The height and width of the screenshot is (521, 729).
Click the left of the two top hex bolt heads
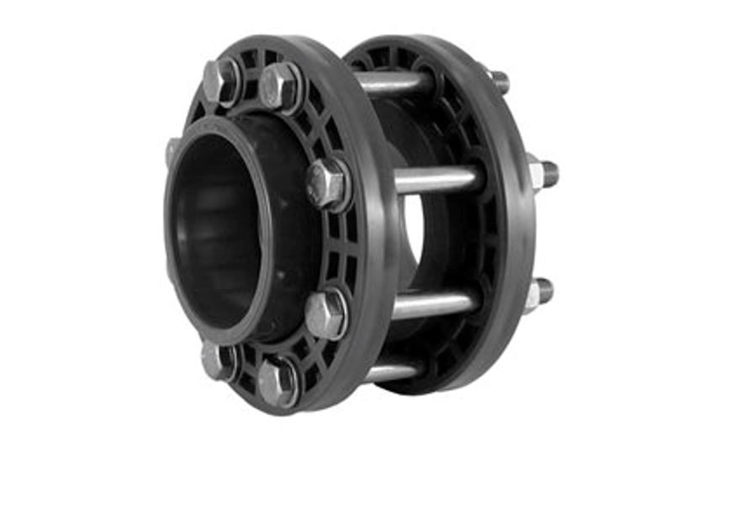pyautogui.click(x=220, y=81)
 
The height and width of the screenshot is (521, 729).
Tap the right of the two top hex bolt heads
pyautogui.click(x=279, y=87)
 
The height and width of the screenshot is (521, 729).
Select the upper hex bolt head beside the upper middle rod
pyautogui.click(x=326, y=184)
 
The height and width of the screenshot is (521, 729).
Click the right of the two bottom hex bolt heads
pyautogui.click(x=277, y=382)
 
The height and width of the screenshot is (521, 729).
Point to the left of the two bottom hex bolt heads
pyautogui.click(x=216, y=360)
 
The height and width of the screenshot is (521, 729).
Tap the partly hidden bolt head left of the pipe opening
pyautogui.click(x=172, y=151)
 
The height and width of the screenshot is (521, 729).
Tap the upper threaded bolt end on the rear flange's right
pyautogui.click(x=542, y=173)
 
